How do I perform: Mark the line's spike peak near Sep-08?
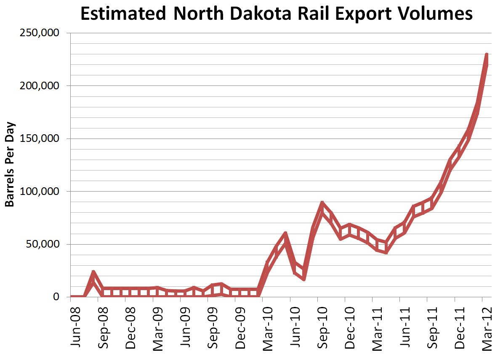[93, 272]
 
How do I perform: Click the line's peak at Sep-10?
[322, 203]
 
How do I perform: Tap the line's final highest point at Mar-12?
[487, 55]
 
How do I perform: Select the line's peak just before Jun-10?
[285, 233]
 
